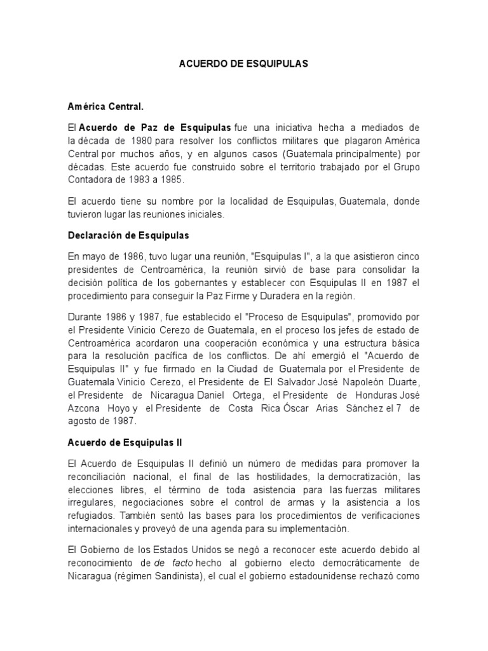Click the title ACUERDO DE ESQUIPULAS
tap(244, 65)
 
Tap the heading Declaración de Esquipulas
tap(129, 236)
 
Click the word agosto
tap(85, 421)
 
